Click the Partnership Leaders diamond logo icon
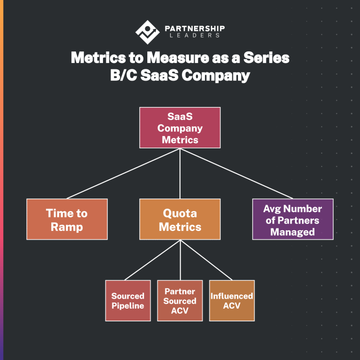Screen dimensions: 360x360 point(147,32)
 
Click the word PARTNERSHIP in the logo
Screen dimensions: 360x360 point(194,28)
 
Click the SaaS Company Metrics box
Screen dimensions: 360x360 point(180,128)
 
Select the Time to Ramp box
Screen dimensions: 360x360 point(67,219)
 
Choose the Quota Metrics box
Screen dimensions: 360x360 point(180,219)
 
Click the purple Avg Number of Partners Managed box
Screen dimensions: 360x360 point(293,219)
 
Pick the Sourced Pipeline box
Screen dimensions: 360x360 point(128,301)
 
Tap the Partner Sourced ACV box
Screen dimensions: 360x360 point(180,301)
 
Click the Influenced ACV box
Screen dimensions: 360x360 point(232,301)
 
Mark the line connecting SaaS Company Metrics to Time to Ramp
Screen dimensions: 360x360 point(123,173)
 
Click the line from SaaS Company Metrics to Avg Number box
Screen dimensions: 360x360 point(236,173)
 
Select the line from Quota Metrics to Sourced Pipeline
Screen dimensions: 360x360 point(153,260)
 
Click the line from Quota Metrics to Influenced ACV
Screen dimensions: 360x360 point(207,260)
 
